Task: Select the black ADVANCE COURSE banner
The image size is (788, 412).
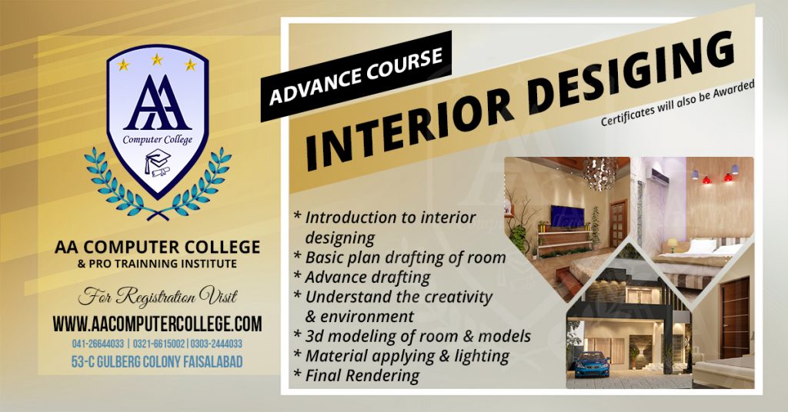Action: pyautogui.click(x=356, y=77)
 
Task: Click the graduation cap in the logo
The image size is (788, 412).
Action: pyautogui.click(x=157, y=158)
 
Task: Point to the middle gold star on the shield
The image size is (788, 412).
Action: pyautogui.click(x=157, y=59)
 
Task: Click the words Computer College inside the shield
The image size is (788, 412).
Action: pyautogui.click(x=157, y=139)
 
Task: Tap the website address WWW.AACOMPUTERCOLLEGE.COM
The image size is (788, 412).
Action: pyautogui.click(x=157, y=324)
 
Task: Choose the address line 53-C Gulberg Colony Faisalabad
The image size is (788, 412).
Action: pyautogui.click(x=157, y=360)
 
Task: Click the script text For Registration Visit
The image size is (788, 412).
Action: pyautogui.click(x=157, y=296)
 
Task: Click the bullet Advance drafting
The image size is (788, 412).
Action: pyautogui.click(x=367, y=277)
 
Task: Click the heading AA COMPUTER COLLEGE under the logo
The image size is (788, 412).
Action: pyautogui.click(x=157, y=248)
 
